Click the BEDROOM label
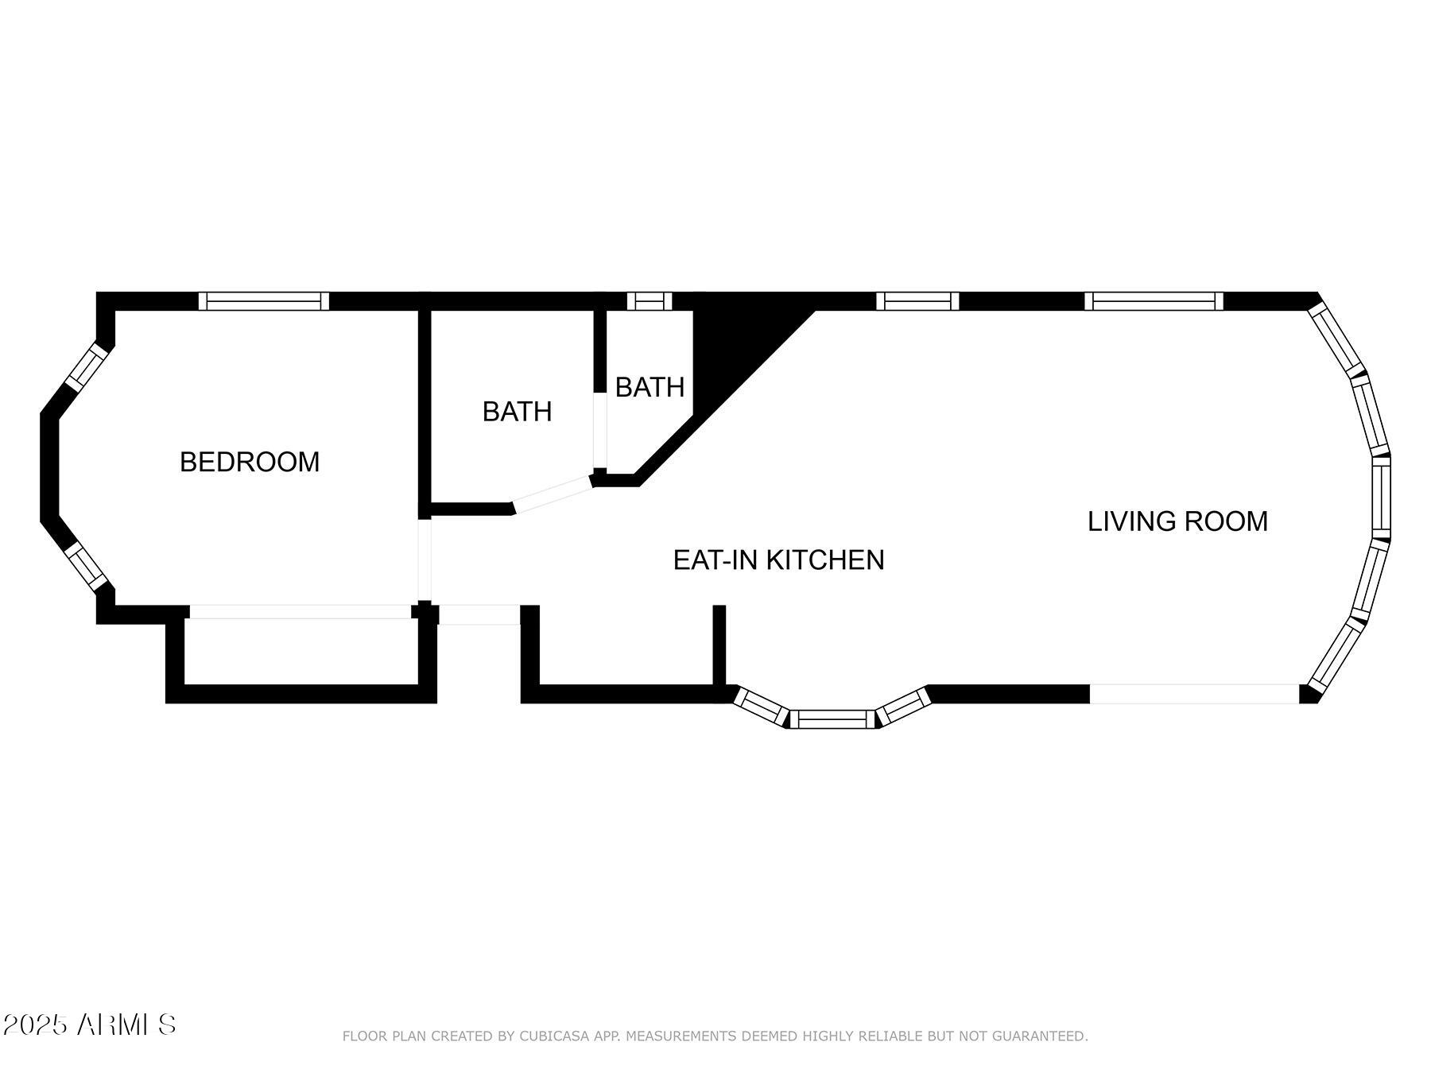tap(250, 462)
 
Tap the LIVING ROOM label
tap(1177, 521)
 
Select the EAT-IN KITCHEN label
tap(778, 560)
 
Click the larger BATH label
tap(517, 412)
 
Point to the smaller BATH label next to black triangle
tap(650, 387)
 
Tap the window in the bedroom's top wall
tap(263, 301)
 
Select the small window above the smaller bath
tap(650, 301)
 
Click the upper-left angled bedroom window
tap(85, 367)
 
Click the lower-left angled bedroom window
tap(85, 566)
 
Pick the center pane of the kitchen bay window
tap(832, 719)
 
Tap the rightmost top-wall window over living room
tap(1154, 301)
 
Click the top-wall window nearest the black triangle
tap(917, 301)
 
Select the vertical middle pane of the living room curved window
tap(1382, 498)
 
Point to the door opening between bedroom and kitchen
tap(425, 560)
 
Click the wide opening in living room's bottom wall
tap(1194, 694)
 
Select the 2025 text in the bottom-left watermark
tap(35, 1025)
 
